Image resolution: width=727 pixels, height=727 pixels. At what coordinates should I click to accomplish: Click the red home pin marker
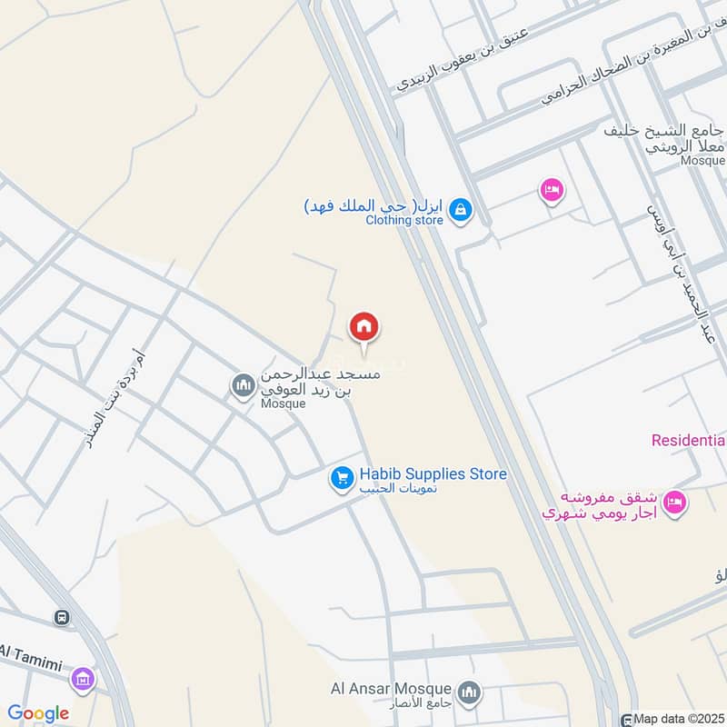tap(364, 327)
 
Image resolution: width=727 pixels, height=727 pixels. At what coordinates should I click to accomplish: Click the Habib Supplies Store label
tap(433, 473)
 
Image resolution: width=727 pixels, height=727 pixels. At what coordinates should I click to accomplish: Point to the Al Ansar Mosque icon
tap(468, 694)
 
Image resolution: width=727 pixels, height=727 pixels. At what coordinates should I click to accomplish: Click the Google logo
tap(38, 713)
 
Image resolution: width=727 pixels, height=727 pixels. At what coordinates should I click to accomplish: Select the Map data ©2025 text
tap(678, 719)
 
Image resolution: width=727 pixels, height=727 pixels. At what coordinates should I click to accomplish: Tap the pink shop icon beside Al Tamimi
tap(83, 678)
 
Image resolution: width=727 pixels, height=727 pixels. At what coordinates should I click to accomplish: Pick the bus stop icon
tap(61, 618)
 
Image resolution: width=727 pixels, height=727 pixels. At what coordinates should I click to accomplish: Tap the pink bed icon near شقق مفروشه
tap(673, 502)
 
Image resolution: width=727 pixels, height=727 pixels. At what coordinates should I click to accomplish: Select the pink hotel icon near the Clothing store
tap(551, 191)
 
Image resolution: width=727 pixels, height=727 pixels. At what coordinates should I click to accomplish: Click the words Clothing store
tap(404, 220)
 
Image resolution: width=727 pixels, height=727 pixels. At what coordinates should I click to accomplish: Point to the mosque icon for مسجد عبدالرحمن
tap(242, 387)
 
